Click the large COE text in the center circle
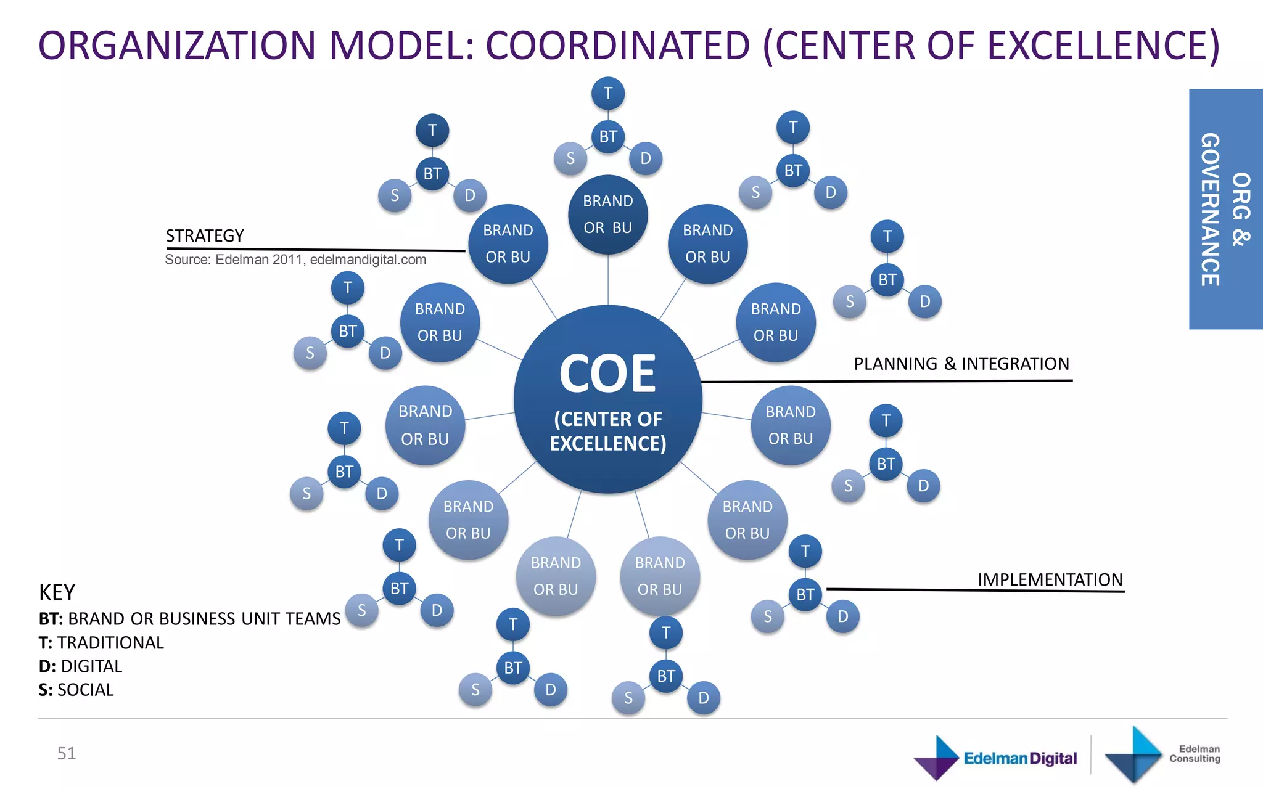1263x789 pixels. [x=607, y=374]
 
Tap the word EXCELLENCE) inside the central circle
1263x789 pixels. [x=607, y=444]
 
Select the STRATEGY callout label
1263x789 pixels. [x=205, y=236]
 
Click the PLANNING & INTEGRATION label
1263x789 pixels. [x=961, y=364]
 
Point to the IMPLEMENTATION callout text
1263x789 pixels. [x=1050, y=580]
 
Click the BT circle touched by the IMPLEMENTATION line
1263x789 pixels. [x=805, y=595]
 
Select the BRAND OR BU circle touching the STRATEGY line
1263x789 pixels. [x=508, y=244]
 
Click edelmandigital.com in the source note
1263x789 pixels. [x=368, y=260]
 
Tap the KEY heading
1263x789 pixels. [x=57, y=592]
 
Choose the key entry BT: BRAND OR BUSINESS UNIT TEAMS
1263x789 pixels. [x=189, y=619]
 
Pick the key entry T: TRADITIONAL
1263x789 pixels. [x=101, y=643]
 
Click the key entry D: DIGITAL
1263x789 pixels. [x=80, y=666]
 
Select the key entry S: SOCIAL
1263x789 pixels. [x=76, y=690]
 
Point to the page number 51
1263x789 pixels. [x=67, y=753]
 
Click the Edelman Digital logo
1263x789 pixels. [x=995, y=758]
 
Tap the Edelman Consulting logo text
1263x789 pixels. [x=1194, y=754]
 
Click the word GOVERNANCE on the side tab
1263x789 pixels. [x=1210, y=210]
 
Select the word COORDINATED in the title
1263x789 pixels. [x=617, y=46]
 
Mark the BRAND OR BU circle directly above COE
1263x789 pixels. [x=607, y=215]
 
